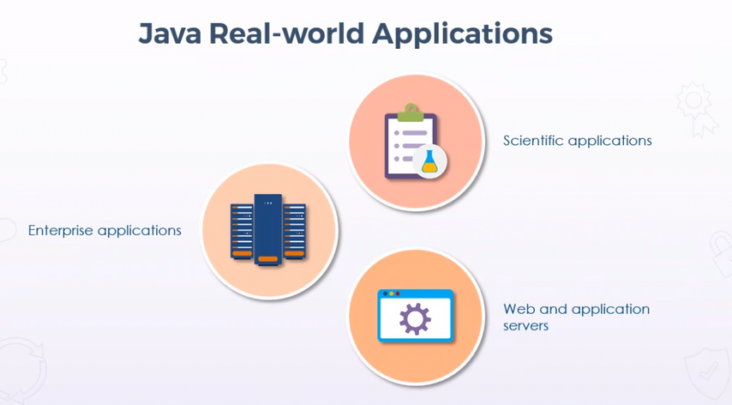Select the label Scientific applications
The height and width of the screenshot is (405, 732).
click(x=577, y=140)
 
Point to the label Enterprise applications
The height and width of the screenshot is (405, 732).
click(x=105, y=230)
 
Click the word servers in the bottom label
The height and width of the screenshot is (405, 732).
click(x=525, y=326)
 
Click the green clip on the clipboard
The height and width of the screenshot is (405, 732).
click(x=411, y=112)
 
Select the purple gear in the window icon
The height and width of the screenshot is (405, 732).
click(x=416, y=319)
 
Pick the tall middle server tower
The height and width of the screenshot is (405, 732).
click(x=268, y=227)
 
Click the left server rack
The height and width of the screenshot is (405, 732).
click(x=241, y=230)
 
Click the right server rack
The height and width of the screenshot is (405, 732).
click(x=295, y=230)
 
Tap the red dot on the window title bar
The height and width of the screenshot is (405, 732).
click(x=397, y=294)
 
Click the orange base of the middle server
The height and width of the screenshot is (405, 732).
click(x=268, y=258)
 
